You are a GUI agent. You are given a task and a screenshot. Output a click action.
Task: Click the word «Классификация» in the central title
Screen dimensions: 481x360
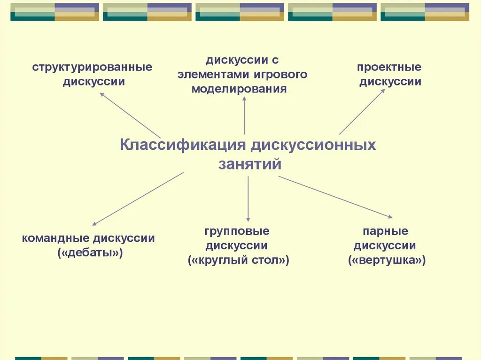183,145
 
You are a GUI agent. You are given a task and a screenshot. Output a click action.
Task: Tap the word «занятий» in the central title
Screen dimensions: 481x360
249,164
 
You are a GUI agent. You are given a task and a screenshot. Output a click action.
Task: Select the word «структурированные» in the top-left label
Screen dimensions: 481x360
93,67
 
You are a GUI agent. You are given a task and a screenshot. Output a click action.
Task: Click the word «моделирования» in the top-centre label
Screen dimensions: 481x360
239,89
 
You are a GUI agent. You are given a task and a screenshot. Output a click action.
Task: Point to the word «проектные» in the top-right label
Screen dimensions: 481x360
389,67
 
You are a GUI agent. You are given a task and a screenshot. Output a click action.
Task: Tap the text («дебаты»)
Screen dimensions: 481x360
90,253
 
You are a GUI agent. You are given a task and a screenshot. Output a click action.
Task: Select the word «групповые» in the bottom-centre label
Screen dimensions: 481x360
237,231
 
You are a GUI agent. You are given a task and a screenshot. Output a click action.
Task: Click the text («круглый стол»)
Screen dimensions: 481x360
239,260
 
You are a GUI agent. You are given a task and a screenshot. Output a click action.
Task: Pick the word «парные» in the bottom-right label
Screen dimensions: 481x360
385,231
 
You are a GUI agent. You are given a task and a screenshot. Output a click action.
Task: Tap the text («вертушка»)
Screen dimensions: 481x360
387,260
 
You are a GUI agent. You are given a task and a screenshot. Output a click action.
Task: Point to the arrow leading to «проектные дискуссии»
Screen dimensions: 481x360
362,112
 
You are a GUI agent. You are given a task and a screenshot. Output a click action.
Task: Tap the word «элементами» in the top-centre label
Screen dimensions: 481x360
216,75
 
